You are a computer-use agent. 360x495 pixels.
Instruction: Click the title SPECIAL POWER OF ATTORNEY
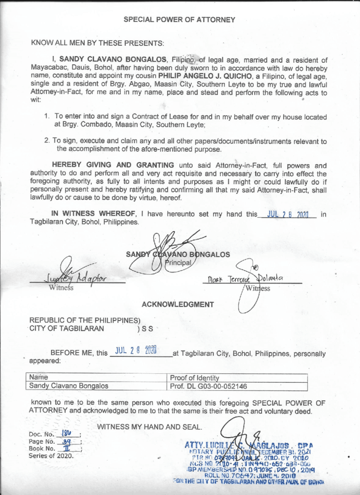pos(179,20)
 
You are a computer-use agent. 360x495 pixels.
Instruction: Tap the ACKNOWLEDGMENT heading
pos(178,305)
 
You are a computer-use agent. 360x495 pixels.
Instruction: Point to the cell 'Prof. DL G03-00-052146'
pos(208,386)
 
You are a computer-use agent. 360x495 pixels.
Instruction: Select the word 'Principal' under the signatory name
pos(180,263)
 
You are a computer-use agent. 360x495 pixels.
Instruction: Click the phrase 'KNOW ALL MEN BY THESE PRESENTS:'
pos(98,43)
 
